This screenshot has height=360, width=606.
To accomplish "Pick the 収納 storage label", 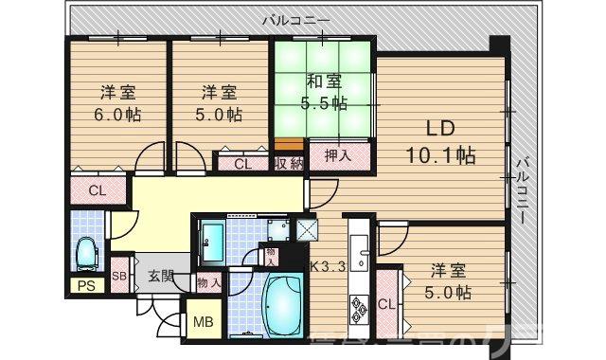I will click(x=289, y=164).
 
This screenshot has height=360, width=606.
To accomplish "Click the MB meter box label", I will click(x=204, y=321).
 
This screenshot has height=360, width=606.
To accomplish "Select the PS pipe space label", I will click(x=86, y=287).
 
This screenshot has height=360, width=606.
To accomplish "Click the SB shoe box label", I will click(x=119, y=276).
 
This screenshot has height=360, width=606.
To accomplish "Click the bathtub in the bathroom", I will click(x=280, y=314).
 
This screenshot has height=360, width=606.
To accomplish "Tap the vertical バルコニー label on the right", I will click(x=522, y=189).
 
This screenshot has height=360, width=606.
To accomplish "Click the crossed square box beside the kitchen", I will click(x=307, y=228).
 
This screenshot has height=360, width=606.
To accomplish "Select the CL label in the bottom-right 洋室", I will click(x=386, y=304).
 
